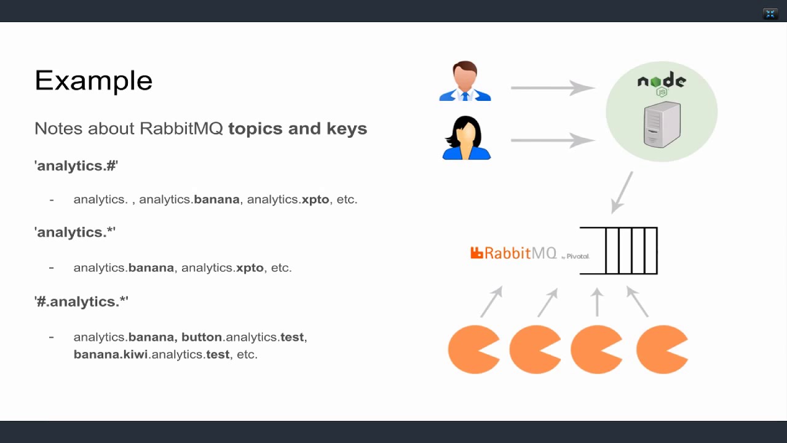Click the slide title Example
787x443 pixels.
(x=93, y=81)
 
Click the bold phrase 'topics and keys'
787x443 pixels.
(x=298, y=129)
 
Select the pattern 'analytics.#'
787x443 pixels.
(x=76, y=166)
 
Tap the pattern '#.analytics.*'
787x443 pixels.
(x=82, y=301)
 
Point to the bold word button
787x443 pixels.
(x=202, y=337)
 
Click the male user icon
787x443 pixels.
(x=465, y=81)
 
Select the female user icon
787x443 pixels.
(x=466, y=138)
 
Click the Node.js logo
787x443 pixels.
(x=662, y=82)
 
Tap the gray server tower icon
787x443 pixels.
(x=662, y=125)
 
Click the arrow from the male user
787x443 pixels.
(x=552, y=88)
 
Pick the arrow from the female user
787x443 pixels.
(x=552, y=140)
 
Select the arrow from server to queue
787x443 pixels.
(x=622, y=193)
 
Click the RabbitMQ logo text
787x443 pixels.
(x=513, y=253)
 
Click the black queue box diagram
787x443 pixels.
(x=620, y=250)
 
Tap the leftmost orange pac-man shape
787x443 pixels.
(x=473, y=349)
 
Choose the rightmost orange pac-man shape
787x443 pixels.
(x=661, y=349)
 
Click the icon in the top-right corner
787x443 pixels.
(x=770, y=14)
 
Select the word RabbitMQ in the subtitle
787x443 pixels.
(x=181, y=129)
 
